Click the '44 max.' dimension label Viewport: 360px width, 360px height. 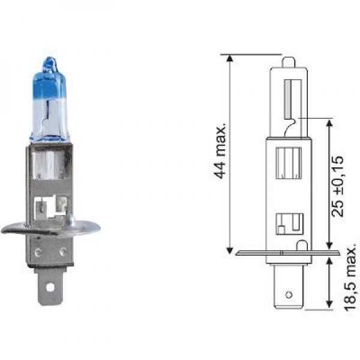pos(220,151)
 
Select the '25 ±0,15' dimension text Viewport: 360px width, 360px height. pos(337,186)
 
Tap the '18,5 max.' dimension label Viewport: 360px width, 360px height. pos(351,280)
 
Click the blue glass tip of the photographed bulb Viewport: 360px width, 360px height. pos(49,63)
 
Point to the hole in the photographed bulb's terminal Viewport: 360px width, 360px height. pos(50,287)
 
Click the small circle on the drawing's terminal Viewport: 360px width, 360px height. pos(289,295)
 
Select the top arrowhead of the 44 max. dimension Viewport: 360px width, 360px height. pos(230,59)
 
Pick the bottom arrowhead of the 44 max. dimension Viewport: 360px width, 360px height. pos(230,250)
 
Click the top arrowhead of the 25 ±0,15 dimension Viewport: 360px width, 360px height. pos(329,124)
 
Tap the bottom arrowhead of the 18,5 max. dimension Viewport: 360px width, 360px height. pos(329,304)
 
